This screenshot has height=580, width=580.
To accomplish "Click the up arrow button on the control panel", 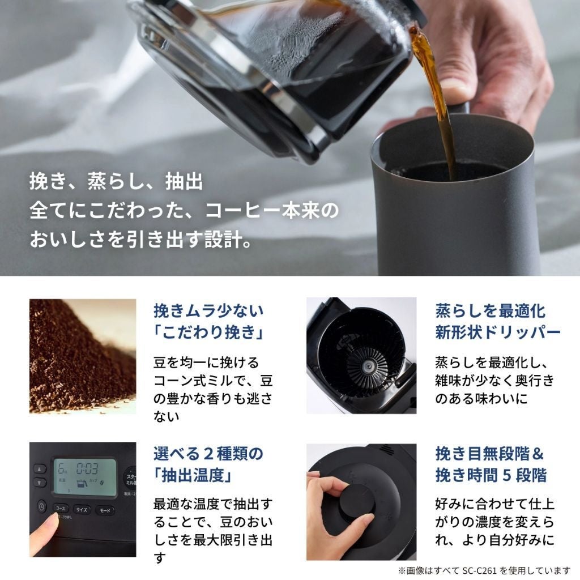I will tap(39, 469).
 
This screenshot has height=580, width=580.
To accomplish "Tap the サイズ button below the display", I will tap(82, 509).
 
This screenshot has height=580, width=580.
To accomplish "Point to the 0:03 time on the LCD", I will tap(88, 468).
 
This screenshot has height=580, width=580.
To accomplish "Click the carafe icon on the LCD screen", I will tap(82, 483).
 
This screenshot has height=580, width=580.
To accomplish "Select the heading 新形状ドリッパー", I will tap(497, 331).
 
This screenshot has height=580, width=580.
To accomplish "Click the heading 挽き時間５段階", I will tap(491, 475).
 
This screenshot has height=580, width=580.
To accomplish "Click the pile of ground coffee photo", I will tap(83, 356).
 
